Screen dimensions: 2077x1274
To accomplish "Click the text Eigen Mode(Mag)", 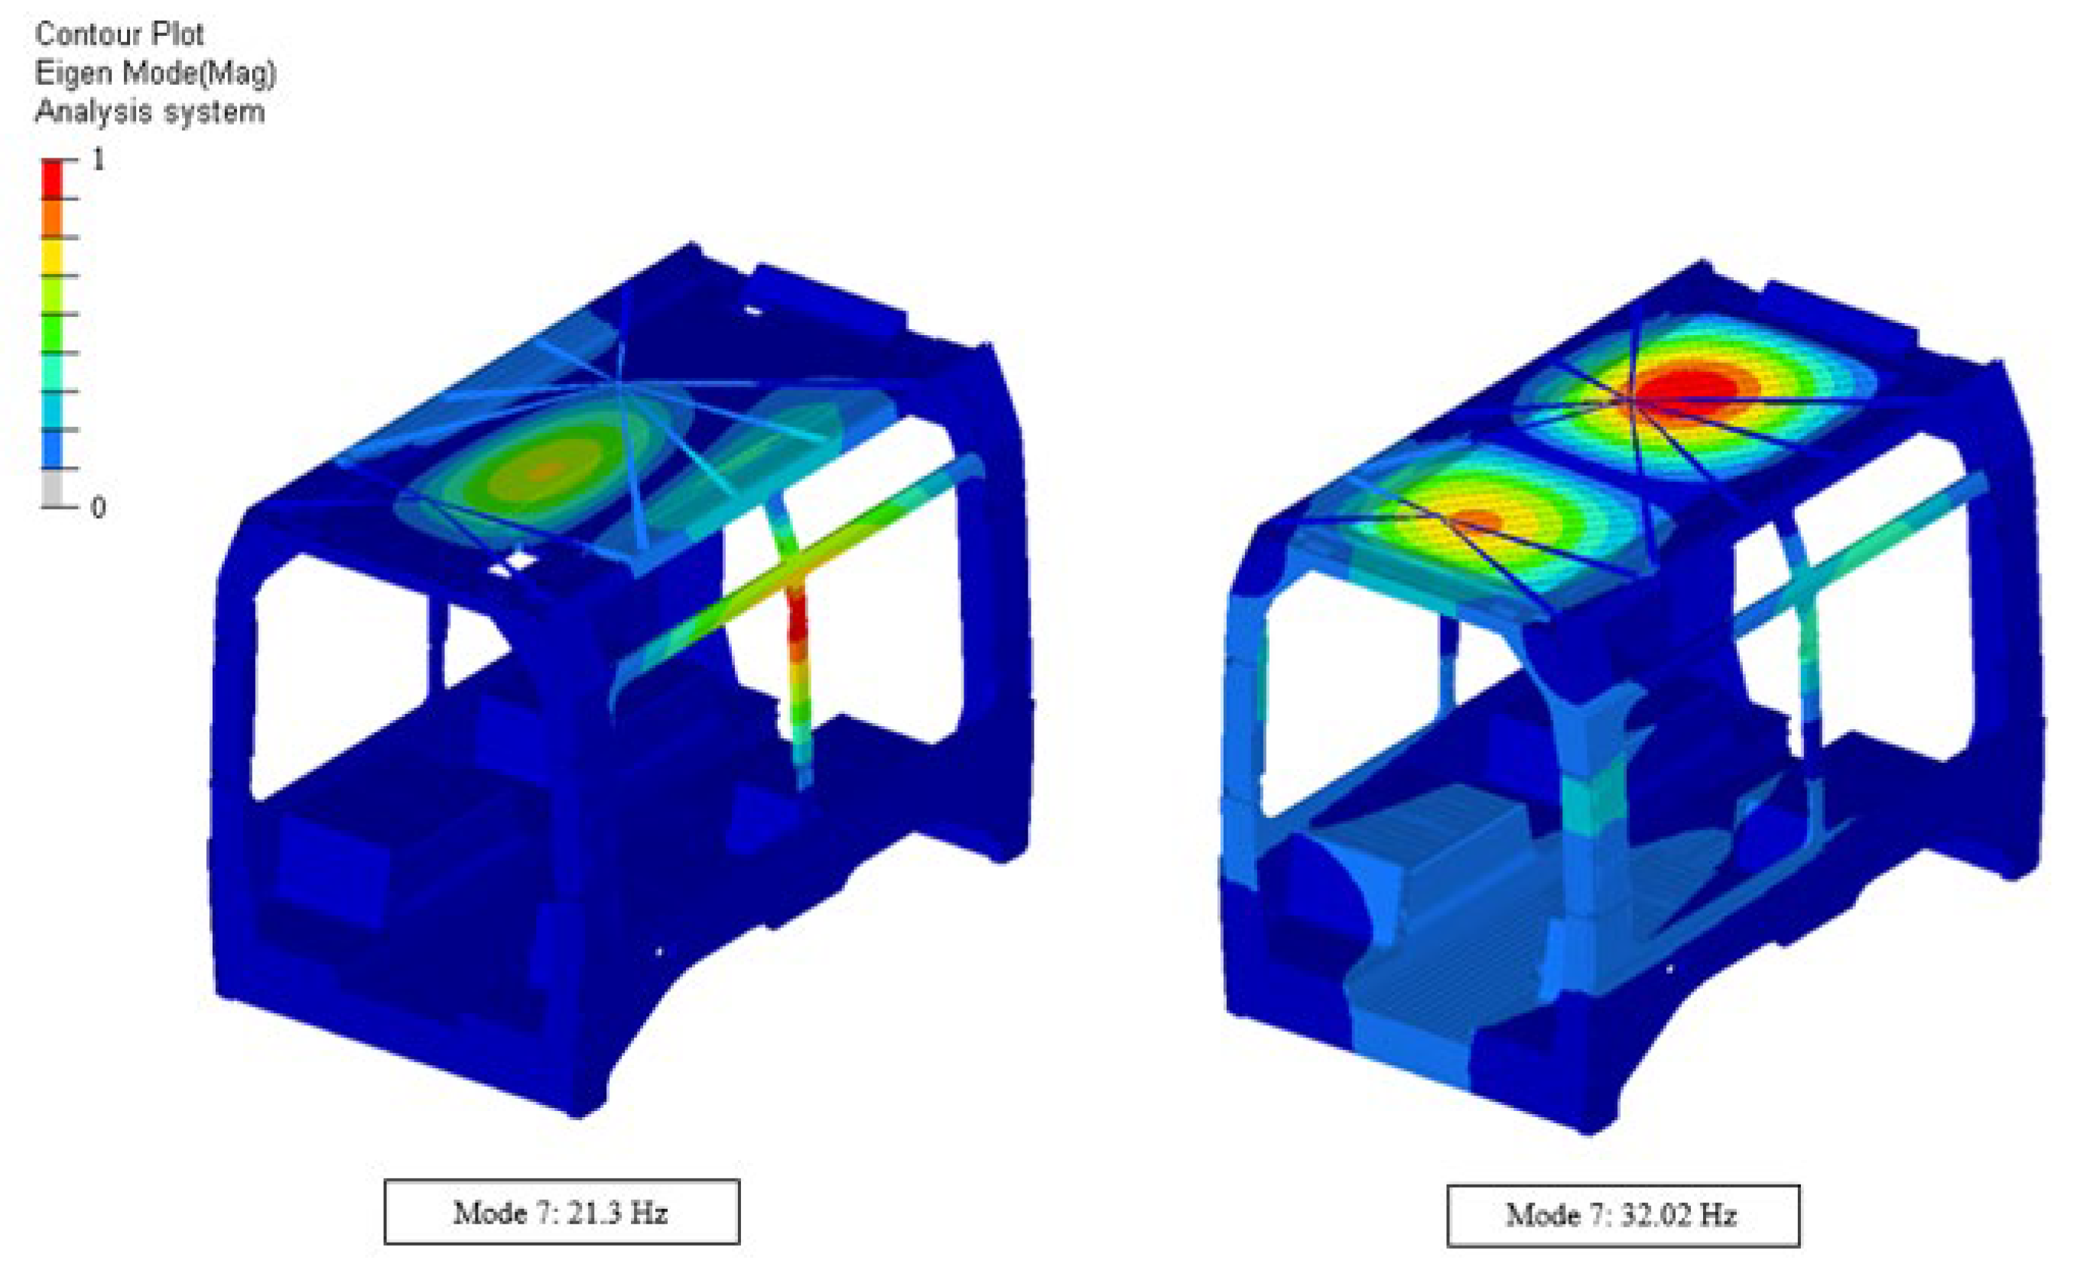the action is [x=156, y=73].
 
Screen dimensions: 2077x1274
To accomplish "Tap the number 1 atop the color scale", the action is [x=99, y=158].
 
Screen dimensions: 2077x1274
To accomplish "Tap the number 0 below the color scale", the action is [x=98, y=507].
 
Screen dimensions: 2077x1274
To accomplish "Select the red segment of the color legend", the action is [x=52, y=179].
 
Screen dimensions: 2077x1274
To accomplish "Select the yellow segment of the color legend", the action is [x=52, y=256].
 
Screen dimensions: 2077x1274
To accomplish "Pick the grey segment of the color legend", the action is [x=52, y=487].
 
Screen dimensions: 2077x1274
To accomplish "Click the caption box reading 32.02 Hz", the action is [x=1624, y=1215].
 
